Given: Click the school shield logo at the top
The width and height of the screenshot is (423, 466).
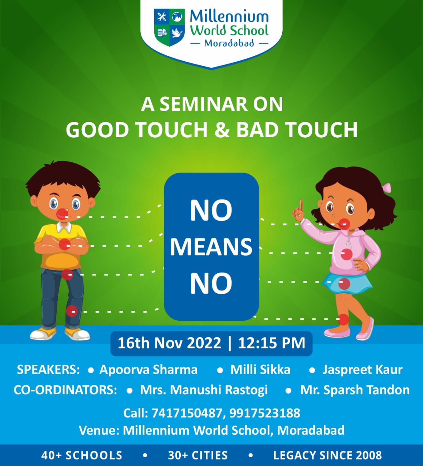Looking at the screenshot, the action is [x=169, y=27].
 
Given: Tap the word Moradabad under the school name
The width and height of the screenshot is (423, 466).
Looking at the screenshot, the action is [x=229, y=43].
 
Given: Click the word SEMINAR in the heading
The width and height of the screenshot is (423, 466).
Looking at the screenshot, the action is [x=204, y=104].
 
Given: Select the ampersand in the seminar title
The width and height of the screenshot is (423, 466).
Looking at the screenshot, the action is [x=222, y=130].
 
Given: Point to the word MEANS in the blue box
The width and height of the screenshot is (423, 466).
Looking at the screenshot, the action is [x=211, y=247].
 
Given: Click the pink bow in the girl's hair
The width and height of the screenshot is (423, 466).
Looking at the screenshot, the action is [x=387, y=188].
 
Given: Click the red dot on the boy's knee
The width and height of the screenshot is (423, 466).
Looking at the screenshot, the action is [x=72, y=311].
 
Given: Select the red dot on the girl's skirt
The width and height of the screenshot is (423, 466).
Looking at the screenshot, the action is [x=344, y=283].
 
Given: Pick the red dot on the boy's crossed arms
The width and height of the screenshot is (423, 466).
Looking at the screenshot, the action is [x=64, y=244].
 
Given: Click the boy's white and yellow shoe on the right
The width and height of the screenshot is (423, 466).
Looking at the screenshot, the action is [x=77, y=334].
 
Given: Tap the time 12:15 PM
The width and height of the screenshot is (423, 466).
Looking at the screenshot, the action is [x=272, y=343].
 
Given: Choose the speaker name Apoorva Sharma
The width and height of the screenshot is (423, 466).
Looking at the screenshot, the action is [x=148, y=370].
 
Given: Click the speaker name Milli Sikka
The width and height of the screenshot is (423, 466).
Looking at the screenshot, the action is [x=260, y=370].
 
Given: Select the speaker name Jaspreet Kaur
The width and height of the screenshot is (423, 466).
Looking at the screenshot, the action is [x=362, y=370].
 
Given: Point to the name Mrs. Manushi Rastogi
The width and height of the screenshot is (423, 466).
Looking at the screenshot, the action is [x=204, y=390].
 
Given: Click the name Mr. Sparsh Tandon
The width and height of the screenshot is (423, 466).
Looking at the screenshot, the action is [x=355, y=390].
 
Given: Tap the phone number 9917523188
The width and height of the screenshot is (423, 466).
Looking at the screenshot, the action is [x=265, y=413].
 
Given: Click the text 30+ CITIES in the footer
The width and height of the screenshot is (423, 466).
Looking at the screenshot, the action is [x=198, y=455].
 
